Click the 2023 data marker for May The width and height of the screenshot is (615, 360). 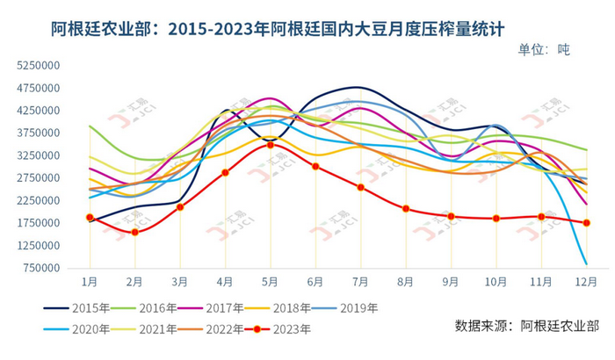pyautogui.click(x=270, y=145)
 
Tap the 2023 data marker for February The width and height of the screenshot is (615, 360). pyautogui.click(x=134, y=232)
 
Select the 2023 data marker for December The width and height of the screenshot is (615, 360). pyautogui.click(x=587, y=223)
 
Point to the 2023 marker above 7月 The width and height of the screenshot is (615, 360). pyautogui.click(x=360, y=187)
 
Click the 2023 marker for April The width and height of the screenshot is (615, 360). pyautogui.click(x=225, y=172)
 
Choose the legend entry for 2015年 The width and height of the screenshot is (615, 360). pyautogui.click(x=76, y=308)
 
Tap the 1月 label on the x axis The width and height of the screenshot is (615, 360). pyautogui.click(x=90, y=281)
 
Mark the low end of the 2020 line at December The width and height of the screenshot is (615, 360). pyautogui.click(x=586, y=263)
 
